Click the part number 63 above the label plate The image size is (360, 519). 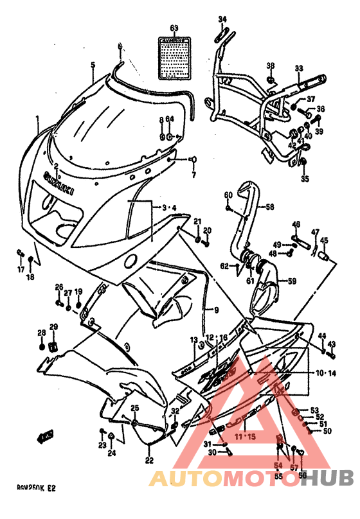coord(173,28)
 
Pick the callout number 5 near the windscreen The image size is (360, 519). coord(93,65)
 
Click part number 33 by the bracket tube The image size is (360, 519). coord(298,69)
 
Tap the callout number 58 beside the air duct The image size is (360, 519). coord(270,207)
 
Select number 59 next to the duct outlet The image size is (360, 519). coord(291,281)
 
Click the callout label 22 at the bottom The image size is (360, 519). coord(149,460)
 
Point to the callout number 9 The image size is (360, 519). coord(216,310)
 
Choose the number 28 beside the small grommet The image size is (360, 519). coord(41,332)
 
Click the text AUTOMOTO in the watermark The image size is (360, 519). coord(219,479)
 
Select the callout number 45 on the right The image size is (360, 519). coord(324,240)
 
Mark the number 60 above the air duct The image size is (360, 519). coord(228,195)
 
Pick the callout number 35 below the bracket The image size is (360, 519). coord(305,179)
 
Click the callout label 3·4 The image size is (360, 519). coord(168,207)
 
